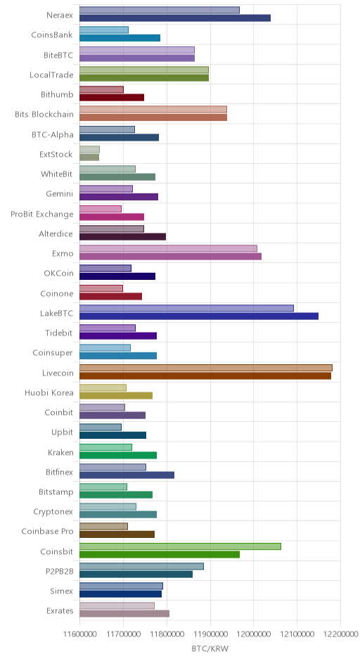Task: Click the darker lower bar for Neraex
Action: point(175,18)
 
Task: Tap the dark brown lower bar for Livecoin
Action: point(205,376)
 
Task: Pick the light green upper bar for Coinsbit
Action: point(181,546)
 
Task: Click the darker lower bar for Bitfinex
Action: point(127,475)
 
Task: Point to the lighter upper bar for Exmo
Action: point(168,249)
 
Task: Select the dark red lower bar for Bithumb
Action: point(112,97)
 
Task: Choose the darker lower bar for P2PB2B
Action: point(136,575)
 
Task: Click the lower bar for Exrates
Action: point(124,614)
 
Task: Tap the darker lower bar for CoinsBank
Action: point(120,38)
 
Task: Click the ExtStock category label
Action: point(56,154)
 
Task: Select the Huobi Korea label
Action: point(49,392)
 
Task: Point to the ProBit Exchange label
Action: point(41,214)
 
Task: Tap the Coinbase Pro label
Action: point(47,531)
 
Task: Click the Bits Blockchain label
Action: point(44,114)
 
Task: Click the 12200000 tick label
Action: point(340,634)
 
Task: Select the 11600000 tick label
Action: point(79,634)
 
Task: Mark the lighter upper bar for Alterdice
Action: point(112,229)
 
